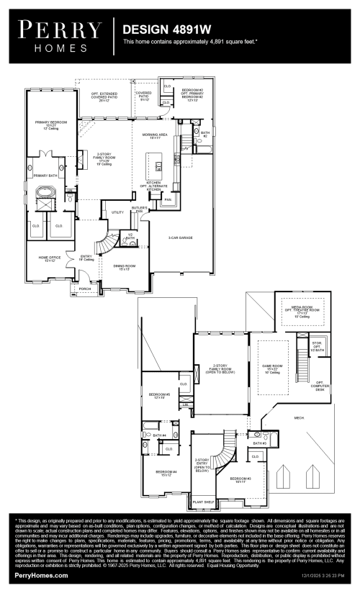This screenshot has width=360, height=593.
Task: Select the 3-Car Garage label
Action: click(x=180, y=237)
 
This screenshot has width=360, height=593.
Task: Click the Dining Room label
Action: click(x=120, y=267)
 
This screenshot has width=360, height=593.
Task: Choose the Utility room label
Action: click(x=117, y=212)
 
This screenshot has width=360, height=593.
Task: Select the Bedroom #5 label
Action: click(x=158, y=396)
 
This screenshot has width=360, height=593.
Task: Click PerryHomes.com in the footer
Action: click(x=42, y=576)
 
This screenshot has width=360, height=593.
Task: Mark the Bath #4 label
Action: click(x=159, y=435)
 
